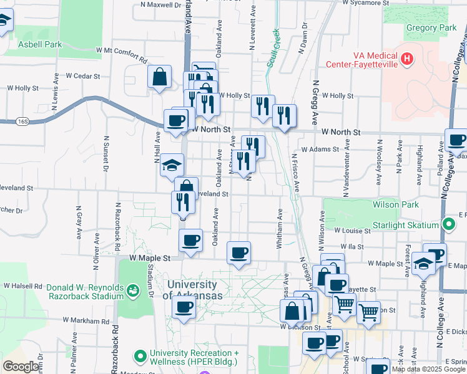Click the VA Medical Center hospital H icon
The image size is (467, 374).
pos(407,59)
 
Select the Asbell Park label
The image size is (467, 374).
pos(40,44)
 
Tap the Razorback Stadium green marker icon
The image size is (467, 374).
pos(132,290)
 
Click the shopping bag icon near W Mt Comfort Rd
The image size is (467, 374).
pos(160,77)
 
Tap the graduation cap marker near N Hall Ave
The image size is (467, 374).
pos(172,165)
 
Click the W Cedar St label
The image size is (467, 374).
pos(82,76)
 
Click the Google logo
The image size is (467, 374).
pos(21,367)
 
